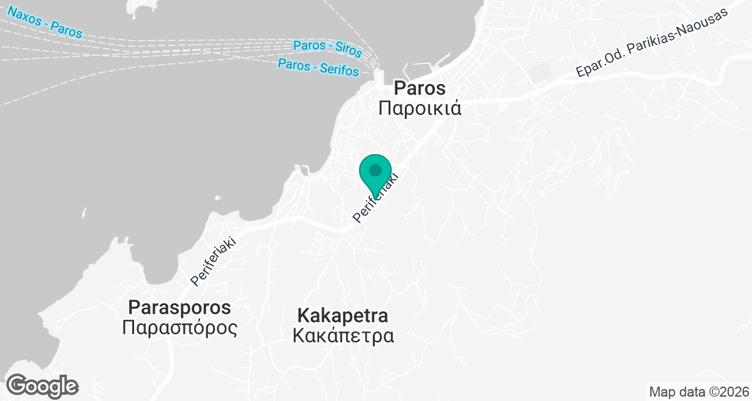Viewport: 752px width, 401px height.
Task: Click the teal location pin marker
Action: [375, 175]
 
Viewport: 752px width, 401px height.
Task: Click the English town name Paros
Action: [419, 88]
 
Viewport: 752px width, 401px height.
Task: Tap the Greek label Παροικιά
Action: [420, 108]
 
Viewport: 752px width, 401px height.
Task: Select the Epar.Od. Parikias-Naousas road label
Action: [655, 43]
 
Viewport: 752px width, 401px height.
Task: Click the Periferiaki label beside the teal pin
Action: [376, 199]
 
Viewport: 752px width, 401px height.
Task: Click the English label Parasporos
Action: [179, 308]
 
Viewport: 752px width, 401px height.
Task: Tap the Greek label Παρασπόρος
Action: [180, 328]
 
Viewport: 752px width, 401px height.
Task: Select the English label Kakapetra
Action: [343, 315]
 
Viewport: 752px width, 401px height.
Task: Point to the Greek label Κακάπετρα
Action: [343, 336]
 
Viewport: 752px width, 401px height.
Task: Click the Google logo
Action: [42, 385]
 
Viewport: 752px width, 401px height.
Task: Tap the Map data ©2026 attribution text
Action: [699, 392]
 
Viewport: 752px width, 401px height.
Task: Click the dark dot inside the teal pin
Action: [375, 170]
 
